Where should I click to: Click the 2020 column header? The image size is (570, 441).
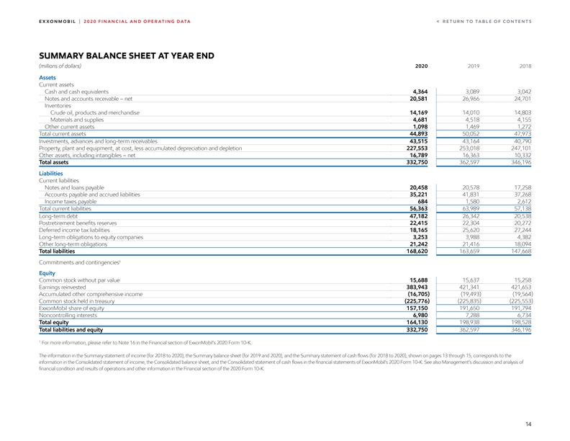[x=422, y=66]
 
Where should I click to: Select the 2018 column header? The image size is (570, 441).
[x=525, y=66]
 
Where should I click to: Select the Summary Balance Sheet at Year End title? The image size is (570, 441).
[x=126, y=55]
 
